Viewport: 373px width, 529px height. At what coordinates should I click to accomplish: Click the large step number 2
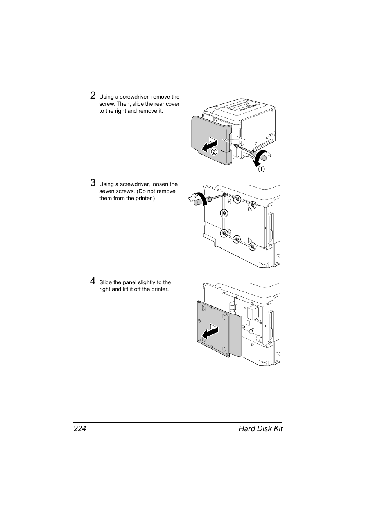tap(93, 95)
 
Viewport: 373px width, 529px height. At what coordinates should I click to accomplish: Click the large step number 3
tap(93, 182)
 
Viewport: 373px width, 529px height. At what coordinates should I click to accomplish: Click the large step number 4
tap(93, 281)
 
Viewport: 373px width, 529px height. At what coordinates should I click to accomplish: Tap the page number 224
tap(79, 428)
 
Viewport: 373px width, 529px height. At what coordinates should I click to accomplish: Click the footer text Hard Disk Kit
tap(260, 428)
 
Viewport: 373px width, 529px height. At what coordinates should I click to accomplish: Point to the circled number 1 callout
tap(260, 169)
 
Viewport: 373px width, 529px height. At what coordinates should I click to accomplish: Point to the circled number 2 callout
tap(214, 152)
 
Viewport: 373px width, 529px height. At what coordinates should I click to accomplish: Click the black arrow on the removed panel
tap(210, 333)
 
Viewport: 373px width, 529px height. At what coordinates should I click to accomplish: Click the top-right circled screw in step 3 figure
tap(253, 205)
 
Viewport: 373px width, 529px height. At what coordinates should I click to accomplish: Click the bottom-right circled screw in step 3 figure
tap(253, 246)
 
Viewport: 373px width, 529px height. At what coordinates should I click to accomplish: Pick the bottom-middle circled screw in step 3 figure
tap(236, 239)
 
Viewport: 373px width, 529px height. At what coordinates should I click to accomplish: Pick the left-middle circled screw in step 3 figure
tap(224, 213)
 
